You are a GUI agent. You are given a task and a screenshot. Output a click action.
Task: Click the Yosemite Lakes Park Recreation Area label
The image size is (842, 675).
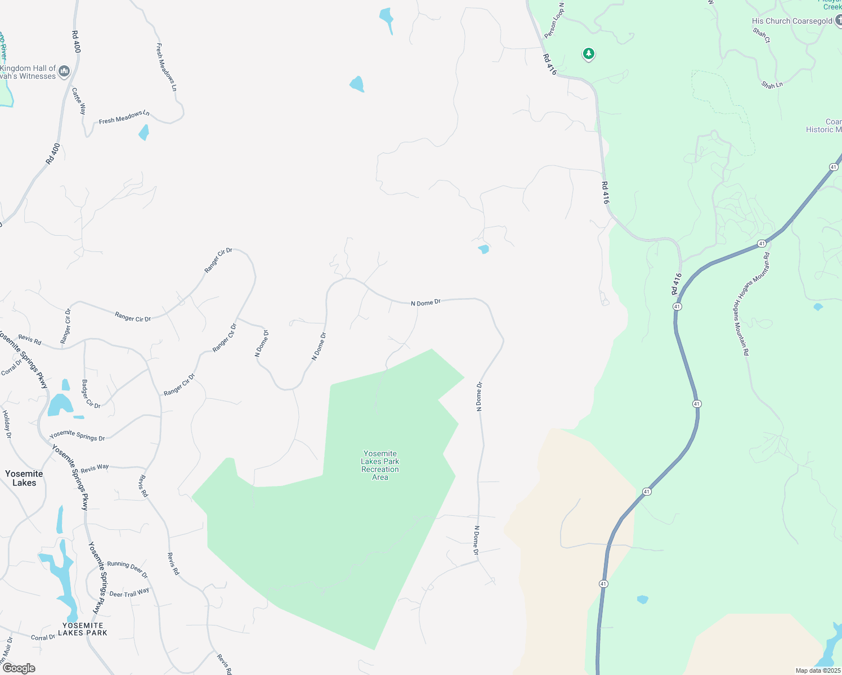pyautogui.click(x=380, y=465)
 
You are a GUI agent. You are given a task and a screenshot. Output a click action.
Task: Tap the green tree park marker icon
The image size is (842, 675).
pyautogui.click(x=589, y=54)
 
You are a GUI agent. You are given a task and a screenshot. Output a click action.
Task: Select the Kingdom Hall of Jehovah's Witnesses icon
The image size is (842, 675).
pyautogui.click(x=64, y=71)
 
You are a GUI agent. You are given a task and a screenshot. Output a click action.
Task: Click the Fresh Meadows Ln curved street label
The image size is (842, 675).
pyautogui.click(x=124, y=117)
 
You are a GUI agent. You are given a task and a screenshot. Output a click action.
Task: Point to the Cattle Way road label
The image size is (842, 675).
pyautogui.click(x=79, y=101)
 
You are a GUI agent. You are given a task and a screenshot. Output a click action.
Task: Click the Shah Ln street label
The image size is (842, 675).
pyautogui.click(x=772, y=85)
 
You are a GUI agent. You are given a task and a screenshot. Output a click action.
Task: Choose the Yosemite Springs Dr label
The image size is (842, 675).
pyautogui.click(x=77, y=435)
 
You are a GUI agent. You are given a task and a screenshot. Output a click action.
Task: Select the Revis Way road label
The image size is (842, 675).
pyautogui.click(x=95, y=468)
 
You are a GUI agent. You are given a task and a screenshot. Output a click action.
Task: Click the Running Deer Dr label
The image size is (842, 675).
pyautogui.click(x=127, y=569)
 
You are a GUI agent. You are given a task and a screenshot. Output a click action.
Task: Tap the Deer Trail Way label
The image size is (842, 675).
pyautogui.click(x=129, y=593)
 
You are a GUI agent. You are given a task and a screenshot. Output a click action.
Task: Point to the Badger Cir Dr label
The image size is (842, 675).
pyautogui.click(x=91, y=394)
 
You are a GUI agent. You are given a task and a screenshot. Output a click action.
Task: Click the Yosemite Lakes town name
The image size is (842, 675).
pyautogui.click(x=24, y=478)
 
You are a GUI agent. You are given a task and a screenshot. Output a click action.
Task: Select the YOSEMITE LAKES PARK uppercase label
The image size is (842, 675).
pyautogui.click(x=83, y=629)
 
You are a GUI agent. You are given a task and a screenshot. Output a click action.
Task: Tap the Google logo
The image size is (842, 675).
pyautogui.click(x=19, y=668)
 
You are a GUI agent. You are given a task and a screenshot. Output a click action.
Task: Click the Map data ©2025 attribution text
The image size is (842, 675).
pyautogui.click(x=818, y=670)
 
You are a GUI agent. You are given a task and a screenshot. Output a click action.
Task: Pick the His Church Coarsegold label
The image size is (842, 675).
pyautogui.click(x=792, y=21)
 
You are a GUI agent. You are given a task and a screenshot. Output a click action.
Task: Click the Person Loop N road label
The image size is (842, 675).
pyautogui.click(x=554, y=20)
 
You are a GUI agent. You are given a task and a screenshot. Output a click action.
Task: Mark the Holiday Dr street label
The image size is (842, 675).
pyautogui.click(x=7, y=424)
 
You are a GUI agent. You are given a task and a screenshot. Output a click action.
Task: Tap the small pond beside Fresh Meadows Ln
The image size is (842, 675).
pyautogui.click(x=144, y=133)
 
